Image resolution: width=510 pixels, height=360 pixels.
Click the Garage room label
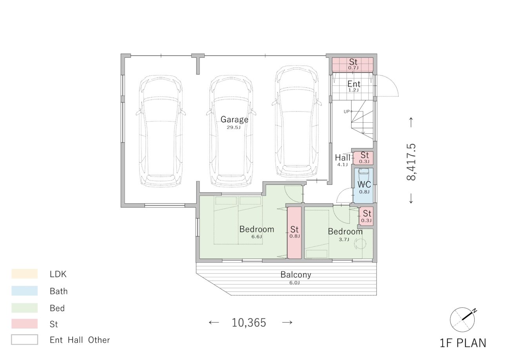coord(234,120)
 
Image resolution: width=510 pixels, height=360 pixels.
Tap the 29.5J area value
coord(233,127)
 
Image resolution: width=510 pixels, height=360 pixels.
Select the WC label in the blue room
coord(364,184)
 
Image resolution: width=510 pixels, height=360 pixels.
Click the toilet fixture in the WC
coord(363,175)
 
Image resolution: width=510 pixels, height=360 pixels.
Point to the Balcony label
coord(296,275)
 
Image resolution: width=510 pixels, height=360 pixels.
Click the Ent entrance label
coord(354,84)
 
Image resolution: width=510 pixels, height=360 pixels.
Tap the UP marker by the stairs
coord(346,111)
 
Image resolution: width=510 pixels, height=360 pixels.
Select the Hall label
coord(342,158)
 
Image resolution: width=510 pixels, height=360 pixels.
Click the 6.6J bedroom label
coord(257,236)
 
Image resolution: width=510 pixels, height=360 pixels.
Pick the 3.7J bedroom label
coord(344,239)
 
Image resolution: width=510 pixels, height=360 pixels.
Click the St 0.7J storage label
coord(353,64)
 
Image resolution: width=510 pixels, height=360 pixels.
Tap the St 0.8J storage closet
coord(294,233)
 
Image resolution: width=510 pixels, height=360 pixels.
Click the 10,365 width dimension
coord(249,322)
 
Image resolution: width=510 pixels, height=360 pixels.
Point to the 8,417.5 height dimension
coord(411,162)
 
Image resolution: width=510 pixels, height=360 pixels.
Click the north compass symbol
coord(463,320)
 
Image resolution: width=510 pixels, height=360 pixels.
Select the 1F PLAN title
coord(463,343)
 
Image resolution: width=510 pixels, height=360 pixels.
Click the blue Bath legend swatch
coord(25,291)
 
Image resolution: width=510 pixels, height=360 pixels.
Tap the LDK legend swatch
coord(25,274)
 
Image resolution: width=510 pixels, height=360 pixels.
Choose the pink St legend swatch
coord(25,324)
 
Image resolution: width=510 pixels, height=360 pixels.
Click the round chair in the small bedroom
coord(361,244)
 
